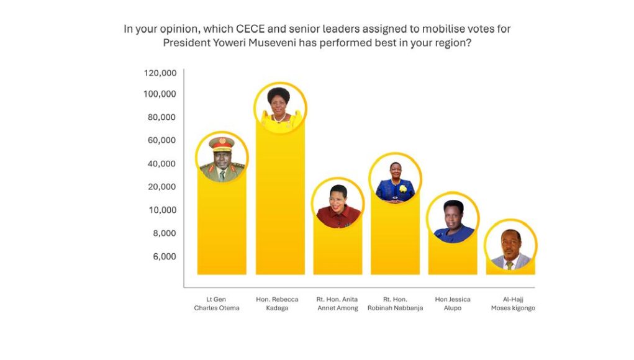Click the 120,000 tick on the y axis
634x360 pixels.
coord(160,73)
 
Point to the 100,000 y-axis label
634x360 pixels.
coord(160,94)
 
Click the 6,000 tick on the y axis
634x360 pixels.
coord(165,256)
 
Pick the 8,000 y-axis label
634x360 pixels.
coord(165,233)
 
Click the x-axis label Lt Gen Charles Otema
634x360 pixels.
coord(217,304)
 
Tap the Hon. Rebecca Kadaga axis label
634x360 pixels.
coord(277,304)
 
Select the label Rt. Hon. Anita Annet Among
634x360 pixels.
coord(337,304)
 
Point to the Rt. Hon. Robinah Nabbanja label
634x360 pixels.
coord(395,304)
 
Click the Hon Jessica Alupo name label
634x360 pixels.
coord(453,304)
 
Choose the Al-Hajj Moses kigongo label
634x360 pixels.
coord(513,304)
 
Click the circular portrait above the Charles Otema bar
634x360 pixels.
coord(222,158)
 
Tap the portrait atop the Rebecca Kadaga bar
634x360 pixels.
coord(281,108)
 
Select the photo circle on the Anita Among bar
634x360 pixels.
coord(338,204)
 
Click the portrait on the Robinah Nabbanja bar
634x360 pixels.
coord(396,179)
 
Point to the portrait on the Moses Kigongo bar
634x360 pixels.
coord(510,246)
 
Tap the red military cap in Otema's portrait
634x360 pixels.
coord(222,144)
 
